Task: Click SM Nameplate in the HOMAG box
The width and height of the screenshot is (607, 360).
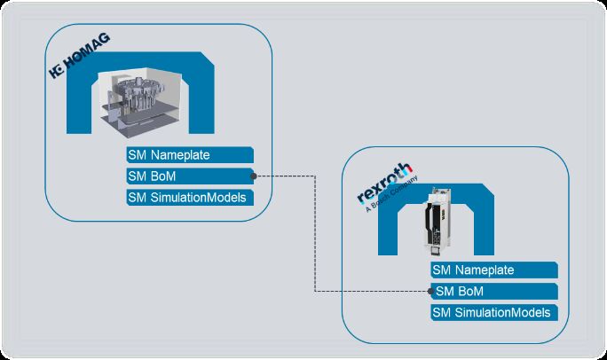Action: (x=190, y=155)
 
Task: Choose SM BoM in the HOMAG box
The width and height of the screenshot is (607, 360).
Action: (x=190, y=176)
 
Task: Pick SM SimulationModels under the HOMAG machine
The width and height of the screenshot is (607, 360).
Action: (x=190, y=197)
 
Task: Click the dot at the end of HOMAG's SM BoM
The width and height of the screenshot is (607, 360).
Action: (x=254, y=176)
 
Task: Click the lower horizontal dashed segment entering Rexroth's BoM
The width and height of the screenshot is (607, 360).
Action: (x=373, y=291)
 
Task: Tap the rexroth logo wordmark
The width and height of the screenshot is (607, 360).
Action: (x=384, y=183)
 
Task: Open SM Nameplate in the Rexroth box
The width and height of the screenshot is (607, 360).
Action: (x=494, y=270)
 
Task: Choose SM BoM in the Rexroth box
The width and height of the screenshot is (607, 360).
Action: (x=494, y=291)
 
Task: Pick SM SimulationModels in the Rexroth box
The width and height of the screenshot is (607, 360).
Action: (x=494, y=312)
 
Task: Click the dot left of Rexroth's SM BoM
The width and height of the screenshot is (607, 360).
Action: (x=431, y=291)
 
